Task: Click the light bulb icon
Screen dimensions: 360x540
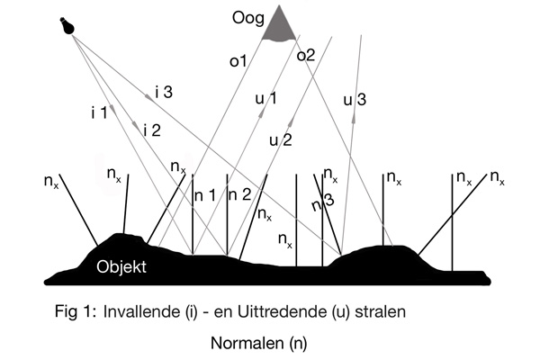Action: tap(65, 26)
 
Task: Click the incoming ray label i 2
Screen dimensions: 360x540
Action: tap(151, 130)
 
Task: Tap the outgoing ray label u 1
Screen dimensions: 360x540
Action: tap(266, 97)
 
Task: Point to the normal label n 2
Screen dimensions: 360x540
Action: tap(239, 194)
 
